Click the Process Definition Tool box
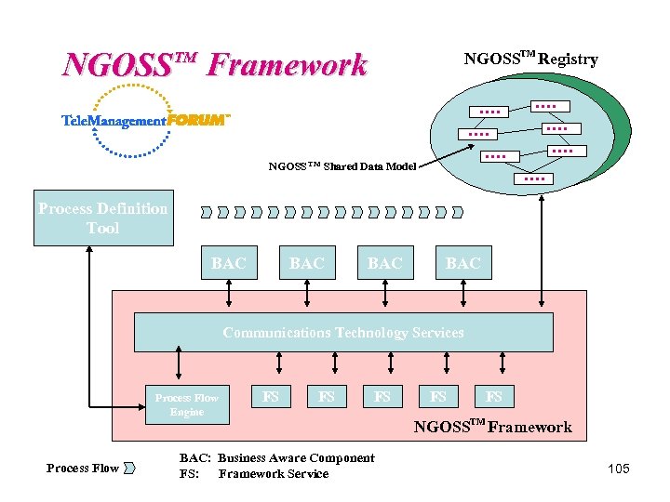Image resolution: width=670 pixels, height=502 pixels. pyautogui.click(x=103, y=218)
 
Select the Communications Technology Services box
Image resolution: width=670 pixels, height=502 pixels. pyautogui.click(x=342, y=333)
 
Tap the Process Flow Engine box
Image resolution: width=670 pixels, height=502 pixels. pyautogui.click(x=187, y=404)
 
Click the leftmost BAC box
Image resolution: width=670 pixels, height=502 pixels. pyautogui.click(x=229, y=264)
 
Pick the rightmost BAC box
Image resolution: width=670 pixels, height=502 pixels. pyautogui.click(x=462, y=264)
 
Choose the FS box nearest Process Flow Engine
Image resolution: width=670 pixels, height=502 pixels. pyautogui.click(x=271, y=397)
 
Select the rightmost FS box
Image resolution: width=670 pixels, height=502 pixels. pyautogui.click(x=494, y=397)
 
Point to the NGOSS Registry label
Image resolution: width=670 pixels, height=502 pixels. pyautogui.click(x=530, y=59)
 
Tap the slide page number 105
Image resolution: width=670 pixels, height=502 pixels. pyautogui.click(x=618, y=469)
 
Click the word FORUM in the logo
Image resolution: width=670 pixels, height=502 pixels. pyautogui.click(x=196, y=120)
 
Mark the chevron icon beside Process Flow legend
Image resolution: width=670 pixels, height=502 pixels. pyautogui.click(x=130, y=468)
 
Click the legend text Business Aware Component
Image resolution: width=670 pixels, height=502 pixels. pyautogui.click(x=296, y=458)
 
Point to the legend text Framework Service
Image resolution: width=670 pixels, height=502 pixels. pyautogui.click(x=274, y=474)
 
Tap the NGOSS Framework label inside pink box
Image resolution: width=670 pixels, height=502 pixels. pyautogui.click(x=492, y=428)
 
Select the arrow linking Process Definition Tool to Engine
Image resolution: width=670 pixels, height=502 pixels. pyautogui.click(x=89, y=325)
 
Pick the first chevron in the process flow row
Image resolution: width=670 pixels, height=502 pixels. pyautogui.click(x=206, y=213)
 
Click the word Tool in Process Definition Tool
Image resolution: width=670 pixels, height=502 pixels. pyautogui.click(x=103, y=228)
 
